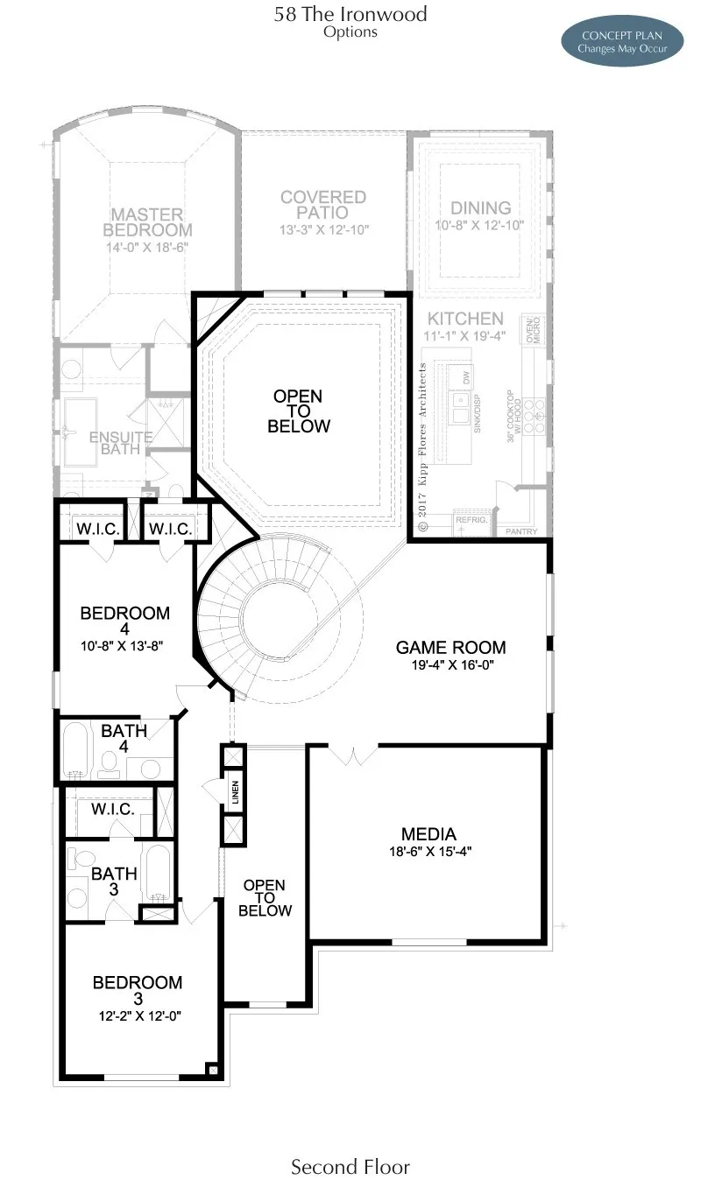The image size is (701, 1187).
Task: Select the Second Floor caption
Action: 350,1166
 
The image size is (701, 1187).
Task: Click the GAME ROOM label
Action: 450,648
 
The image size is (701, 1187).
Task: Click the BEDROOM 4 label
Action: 124,621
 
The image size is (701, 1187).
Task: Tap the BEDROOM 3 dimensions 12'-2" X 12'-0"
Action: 138,1016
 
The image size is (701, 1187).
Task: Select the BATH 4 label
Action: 124,739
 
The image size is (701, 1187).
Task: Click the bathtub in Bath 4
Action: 77,751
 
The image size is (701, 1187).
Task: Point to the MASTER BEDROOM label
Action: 147,222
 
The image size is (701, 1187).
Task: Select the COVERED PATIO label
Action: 323,205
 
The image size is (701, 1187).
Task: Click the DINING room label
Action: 480,207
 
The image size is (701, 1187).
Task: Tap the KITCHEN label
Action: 465,319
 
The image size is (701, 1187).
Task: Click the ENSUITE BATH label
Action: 120,443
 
